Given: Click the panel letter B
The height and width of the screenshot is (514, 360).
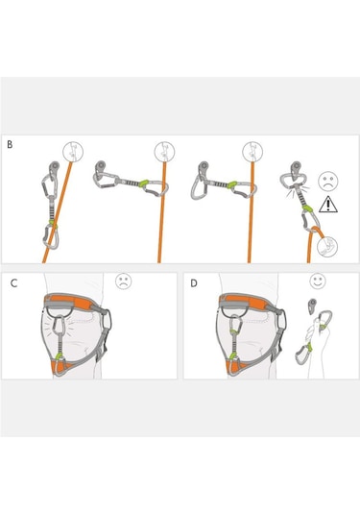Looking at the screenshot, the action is [x=10, y=144].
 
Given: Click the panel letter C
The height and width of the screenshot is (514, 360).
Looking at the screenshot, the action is [x=13, y=283].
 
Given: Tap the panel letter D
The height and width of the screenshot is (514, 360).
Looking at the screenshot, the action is [x=194, y=283].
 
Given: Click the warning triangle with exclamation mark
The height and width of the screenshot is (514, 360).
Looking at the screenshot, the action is [x=328, y=205].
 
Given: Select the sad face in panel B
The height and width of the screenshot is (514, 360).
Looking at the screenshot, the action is [x=328, y=182].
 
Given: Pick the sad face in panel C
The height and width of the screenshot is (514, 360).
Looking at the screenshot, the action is [x=124, y=281].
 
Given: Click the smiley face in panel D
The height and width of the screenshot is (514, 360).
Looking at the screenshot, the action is [x=318, y=281].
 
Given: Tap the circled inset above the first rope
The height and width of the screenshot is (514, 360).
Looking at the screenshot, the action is [x=73, y=152].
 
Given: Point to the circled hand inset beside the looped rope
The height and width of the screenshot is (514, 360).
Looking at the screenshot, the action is [x=327, y=247].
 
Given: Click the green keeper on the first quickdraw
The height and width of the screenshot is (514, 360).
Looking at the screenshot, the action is [x=53, y=223].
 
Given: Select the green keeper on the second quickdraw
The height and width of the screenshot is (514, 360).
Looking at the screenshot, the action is [x=143, y=183].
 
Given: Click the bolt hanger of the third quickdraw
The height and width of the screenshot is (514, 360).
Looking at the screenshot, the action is [x=203, y=167].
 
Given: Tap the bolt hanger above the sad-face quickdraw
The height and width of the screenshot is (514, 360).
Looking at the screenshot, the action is [x=296, y=168].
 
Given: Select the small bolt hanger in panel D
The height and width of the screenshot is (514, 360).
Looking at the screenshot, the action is [x=311, y=306].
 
